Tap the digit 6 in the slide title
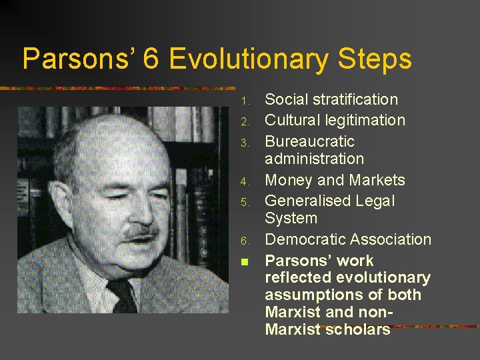pos(151,59)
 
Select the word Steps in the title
pos(374,59)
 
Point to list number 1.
pos(245,101)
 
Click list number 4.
pos(245,181)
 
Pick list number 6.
pos(245,241)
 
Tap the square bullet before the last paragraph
pos(245,261)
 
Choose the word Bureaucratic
pos(309,142)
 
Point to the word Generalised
pos(306,201)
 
